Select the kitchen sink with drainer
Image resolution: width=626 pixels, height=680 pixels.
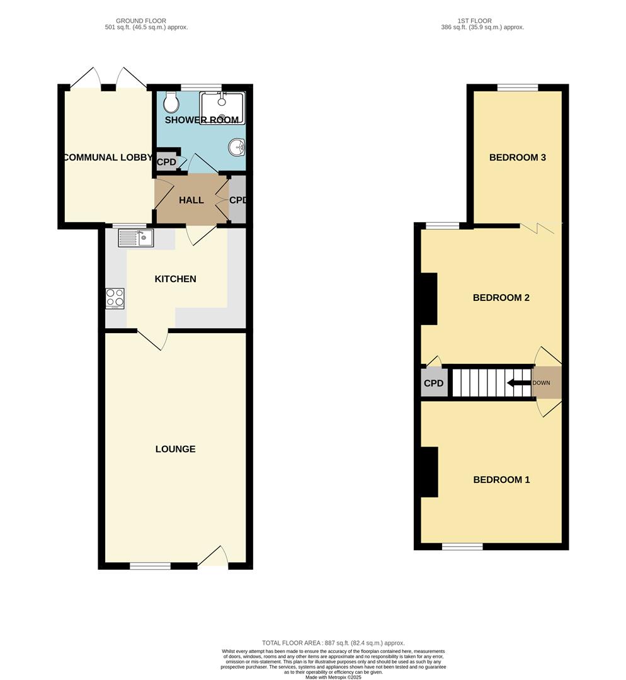(x=135, y=237)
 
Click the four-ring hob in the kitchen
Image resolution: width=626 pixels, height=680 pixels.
(x=115, y=298)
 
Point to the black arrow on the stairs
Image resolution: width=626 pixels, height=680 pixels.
(x=518, y=383)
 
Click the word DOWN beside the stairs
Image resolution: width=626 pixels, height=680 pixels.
(x=541, y=383)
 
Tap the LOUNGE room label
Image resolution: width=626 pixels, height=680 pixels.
(x=175, y=449)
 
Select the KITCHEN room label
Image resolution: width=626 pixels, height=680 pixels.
(x=176, y=279)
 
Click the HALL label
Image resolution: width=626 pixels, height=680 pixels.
(x=191, y=200)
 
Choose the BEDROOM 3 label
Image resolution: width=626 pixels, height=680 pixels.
(x=517, y=157)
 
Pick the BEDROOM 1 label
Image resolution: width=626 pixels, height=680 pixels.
(x=501, y=480)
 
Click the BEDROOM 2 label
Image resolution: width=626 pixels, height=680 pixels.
(x=501, y=298)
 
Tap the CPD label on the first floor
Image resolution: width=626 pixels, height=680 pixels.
(x=433, y=383)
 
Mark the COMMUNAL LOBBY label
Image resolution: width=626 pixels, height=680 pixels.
(x=108, y=157)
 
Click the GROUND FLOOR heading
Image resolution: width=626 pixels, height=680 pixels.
(x=146, y=21)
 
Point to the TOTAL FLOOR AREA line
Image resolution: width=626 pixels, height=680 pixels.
(x=333, y=643)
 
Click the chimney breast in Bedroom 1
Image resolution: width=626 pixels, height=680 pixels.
(x=430, y=472)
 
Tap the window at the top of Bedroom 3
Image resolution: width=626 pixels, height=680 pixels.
(x=517, y=88)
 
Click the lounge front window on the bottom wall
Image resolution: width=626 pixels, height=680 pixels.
(x=150, y=566)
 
